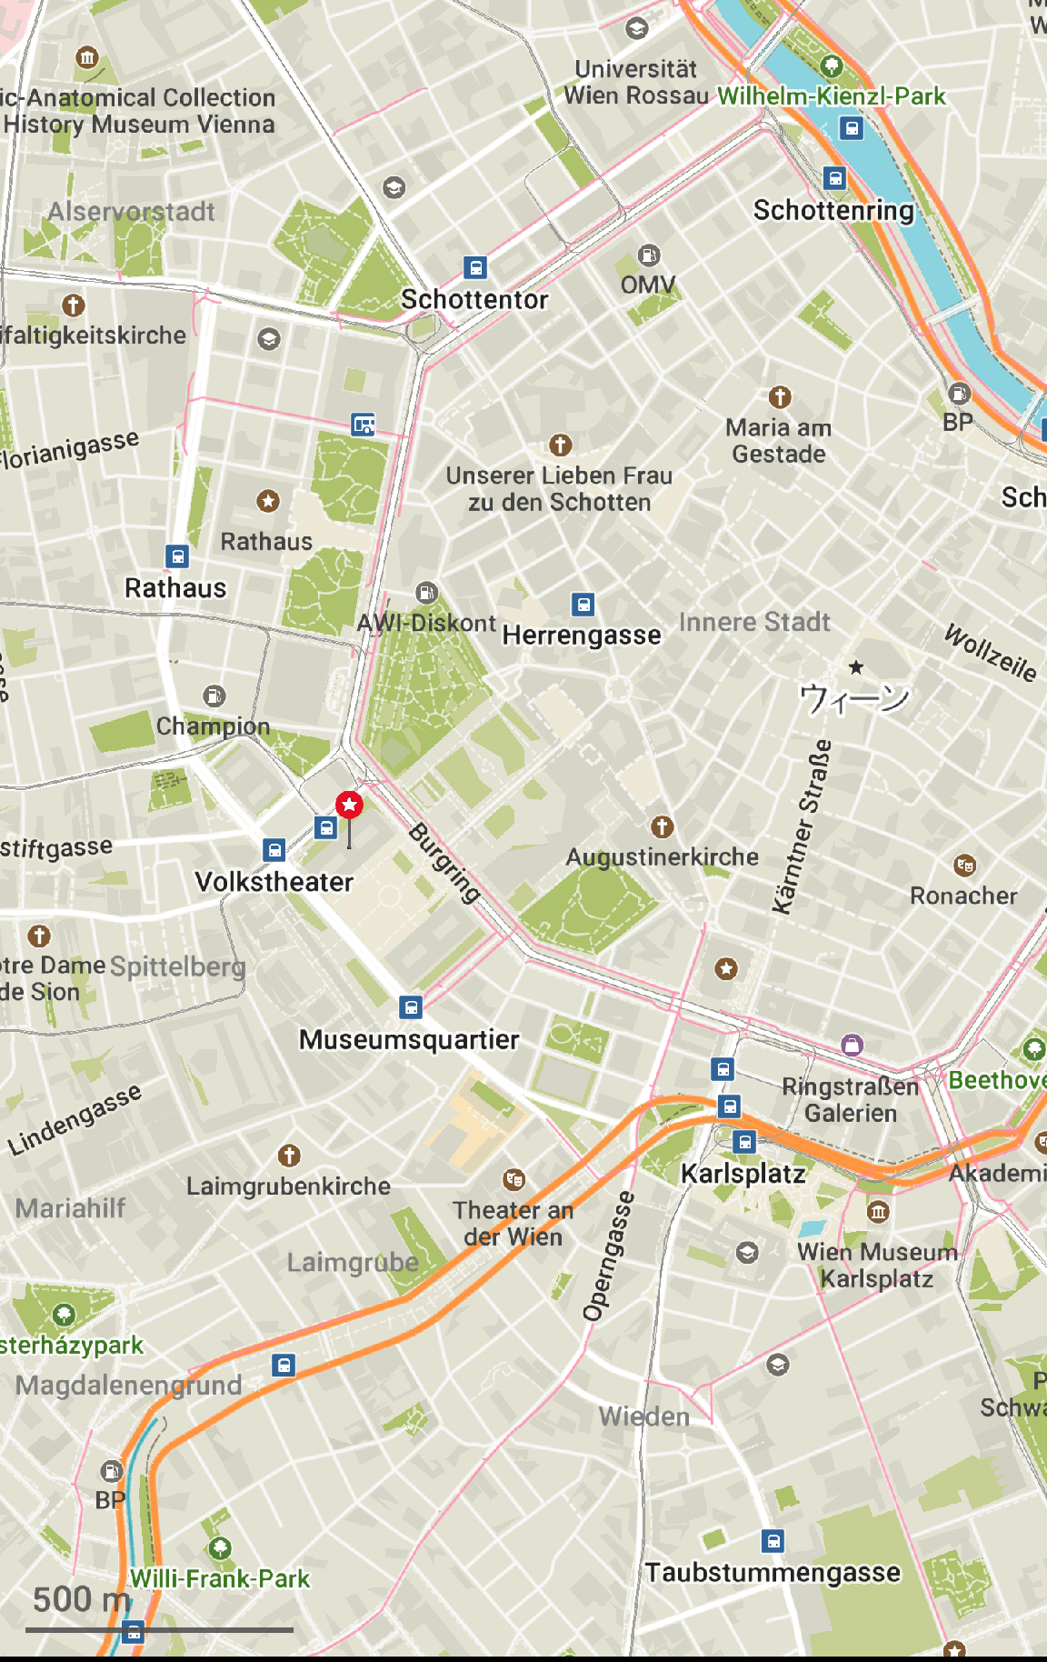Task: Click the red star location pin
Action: pos(349,805)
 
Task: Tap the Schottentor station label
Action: pos(474,299)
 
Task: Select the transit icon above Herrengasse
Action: pos(583,604)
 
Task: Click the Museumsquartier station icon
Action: pos(411,1006)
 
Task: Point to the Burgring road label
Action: pos(444,863)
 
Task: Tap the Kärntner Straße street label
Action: pos(802,826)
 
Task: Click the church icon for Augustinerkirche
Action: pos(662,826)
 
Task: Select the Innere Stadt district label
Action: pos(754,622)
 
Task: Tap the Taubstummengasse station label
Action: pos(773,1572)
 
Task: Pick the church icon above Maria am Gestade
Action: pos(779,396)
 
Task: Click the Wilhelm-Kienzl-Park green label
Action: pos(831,95)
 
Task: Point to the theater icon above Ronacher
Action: pos(964,865)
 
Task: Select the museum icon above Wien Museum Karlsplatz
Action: pos(877,1211)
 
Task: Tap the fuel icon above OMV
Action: pos(648,255)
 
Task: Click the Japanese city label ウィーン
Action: pos(853,698)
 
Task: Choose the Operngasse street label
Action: pos(608,1256)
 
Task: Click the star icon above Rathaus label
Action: pos(267,501)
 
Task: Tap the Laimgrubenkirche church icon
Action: pos(289,1156)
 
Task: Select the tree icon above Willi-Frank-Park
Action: pos(220,1547)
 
